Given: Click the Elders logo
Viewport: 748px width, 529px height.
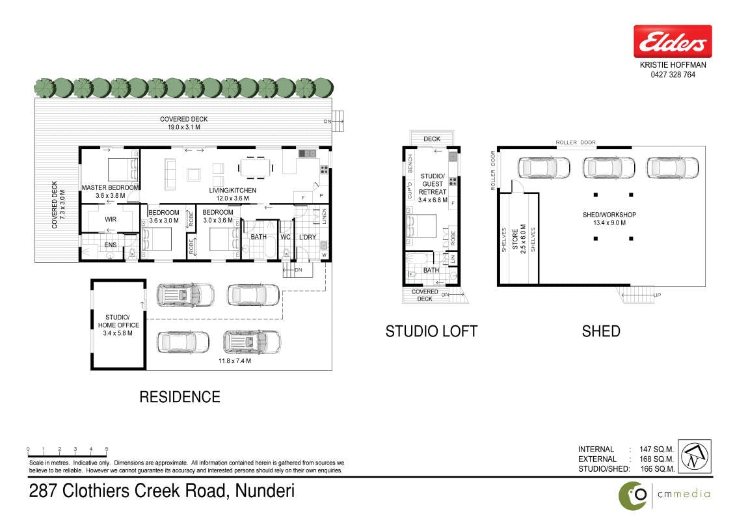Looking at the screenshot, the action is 673,42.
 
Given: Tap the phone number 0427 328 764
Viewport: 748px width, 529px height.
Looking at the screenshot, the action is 673,75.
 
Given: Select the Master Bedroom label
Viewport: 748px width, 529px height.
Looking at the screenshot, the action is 110,188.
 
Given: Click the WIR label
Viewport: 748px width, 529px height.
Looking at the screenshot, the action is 111,219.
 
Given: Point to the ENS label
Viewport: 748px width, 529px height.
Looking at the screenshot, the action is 110,245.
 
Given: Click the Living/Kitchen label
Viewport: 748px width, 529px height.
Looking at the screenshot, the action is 232,191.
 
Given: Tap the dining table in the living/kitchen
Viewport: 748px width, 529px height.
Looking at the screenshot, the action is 256,167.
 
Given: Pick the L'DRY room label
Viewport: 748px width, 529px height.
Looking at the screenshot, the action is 308,237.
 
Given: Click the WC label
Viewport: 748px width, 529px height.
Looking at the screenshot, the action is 286,237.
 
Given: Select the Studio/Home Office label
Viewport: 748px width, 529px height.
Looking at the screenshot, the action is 118,321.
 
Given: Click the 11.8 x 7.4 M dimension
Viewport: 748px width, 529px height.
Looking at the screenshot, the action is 235,361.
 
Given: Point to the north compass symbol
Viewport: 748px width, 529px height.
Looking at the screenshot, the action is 695,457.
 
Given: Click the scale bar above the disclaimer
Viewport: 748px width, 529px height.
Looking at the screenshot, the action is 67,451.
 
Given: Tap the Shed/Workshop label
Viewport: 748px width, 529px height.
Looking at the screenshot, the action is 609,215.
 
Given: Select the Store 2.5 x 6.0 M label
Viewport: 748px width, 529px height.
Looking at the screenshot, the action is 519,239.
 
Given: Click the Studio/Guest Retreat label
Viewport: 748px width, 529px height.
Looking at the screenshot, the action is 433,184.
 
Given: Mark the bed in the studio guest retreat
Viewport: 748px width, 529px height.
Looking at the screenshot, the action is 421,226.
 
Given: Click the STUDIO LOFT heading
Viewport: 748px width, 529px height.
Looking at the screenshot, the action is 431,331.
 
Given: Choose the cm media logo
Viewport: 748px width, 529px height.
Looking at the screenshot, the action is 665,495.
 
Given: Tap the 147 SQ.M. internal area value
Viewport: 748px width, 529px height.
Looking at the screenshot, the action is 656,450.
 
